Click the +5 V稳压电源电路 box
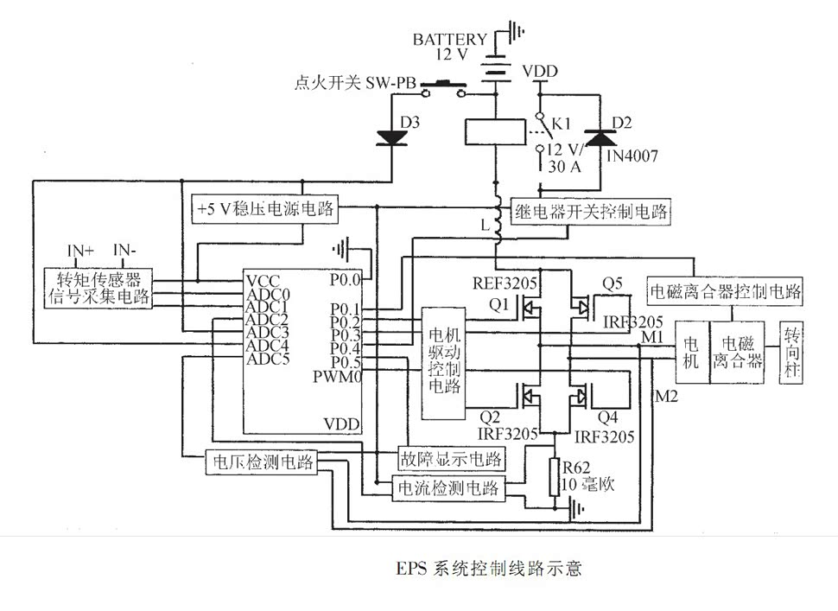(265, 208)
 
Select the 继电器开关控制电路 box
(590, 210)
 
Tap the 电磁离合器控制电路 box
(725, 290)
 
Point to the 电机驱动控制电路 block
(443, 363)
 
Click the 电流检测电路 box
(448, 487)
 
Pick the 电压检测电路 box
(262, 462)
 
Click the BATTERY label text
(448, 40)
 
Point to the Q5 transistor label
(613, 283)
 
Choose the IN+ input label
(80, 251)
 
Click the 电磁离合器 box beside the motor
(739, 353)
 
